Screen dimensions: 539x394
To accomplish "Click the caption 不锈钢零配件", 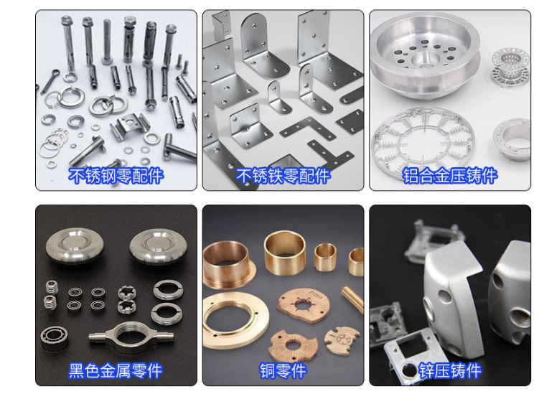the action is point(116,176).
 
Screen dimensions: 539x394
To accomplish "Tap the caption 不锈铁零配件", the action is point(283,176).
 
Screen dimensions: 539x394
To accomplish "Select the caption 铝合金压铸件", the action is point(450,176).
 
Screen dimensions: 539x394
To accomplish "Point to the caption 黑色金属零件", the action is point(116,371).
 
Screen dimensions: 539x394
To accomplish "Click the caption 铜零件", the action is point(283,371).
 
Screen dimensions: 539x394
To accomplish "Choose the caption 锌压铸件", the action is point(450,371).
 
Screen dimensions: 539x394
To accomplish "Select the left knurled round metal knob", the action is point(75,245).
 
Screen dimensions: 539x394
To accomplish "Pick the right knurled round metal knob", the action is point(159,245).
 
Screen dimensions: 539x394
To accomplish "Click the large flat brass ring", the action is point(235,320).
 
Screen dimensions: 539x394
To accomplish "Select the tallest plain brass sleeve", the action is point(285,253).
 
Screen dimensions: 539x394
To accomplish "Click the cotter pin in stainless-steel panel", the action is point(50,81).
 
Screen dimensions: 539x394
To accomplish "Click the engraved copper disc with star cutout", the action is point(303,306).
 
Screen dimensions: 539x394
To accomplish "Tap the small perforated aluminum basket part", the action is point(510,67).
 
